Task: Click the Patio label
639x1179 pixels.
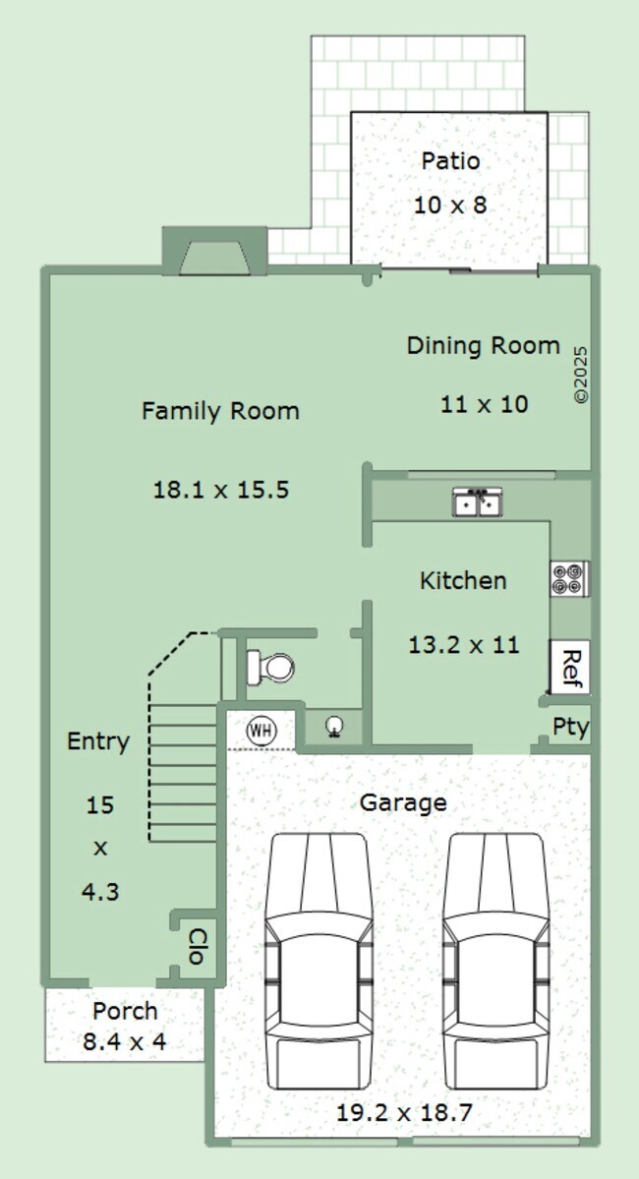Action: pyautogui.click(x=450, y=161)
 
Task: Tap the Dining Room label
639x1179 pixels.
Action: pyautogui.click(x=484, y=345)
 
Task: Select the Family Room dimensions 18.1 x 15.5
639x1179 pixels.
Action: pyautogui.click(x=221, y=491)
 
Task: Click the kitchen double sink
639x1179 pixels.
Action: pyautogui.click(x=478, y=501)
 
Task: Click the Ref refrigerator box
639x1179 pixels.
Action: pyautogui.click(x=570, y=667)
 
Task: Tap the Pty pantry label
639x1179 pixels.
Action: pyautogui.click(x=570, y=727)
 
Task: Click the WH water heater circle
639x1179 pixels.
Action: pyautogui.click(x=261, y=730)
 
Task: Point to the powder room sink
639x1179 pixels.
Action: pyautogui.click(x=334, y=726)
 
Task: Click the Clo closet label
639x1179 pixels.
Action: pyautogui.click(x=197, y=946)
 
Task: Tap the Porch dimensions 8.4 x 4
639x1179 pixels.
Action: pyautogui.click(x=125, y=1042)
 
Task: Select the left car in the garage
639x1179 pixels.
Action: pyautogui.click(x=319, y=960)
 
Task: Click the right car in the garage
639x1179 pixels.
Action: pyautogui.click(x=496, y=960)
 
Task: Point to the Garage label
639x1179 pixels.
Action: pyautogui.click(x=403, y=803)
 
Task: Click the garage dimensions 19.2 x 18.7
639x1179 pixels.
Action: pyautogui.click(x=404, y=1113)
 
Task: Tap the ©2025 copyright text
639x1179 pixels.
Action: pyautogui.click(x=580, y=375)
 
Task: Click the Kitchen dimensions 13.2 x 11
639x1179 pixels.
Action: pyautogui.click(x=464, y=645)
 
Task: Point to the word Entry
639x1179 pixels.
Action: pyautogui.click(x=97, y=741)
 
